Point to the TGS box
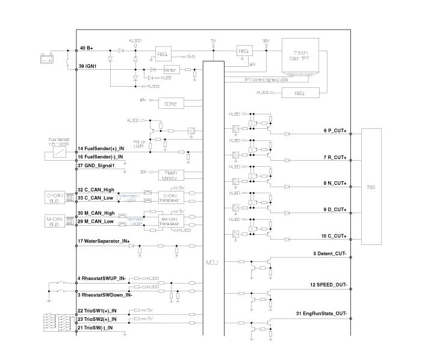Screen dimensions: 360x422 coord(371,187)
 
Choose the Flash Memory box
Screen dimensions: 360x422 coord(170,175)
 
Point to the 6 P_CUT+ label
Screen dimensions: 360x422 coord(335,132)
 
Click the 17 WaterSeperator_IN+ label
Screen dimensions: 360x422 coord(104,241)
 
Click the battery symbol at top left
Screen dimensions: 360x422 coord(47,58)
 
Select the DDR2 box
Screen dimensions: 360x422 coord(170,104)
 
